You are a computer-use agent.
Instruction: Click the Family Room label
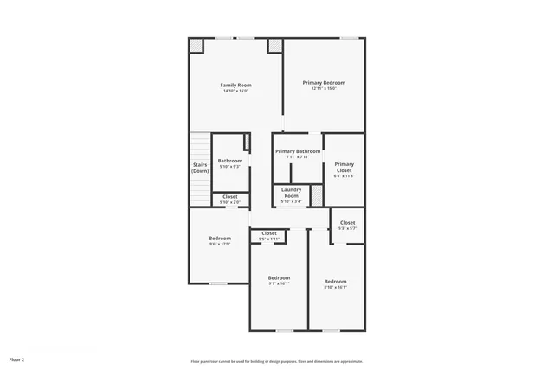[x=235, y=85]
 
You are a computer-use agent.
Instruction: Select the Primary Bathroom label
[x=298, y=151]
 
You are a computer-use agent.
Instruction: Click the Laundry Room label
[x=291, y=192]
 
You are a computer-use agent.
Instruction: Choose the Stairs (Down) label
[x=200, y=167]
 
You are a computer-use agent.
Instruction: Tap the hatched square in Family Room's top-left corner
[x=196, y=45]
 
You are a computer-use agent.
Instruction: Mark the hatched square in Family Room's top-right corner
[x=274, y=45]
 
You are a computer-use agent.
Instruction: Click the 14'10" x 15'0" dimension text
[x=235, y=91]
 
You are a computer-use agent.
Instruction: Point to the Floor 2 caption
[x=16, y=358]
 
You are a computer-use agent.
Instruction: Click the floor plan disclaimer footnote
[x=276, y=361]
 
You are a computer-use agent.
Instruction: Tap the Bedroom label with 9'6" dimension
[x=220, y=238]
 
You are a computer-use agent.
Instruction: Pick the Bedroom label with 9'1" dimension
[x=279, y=277]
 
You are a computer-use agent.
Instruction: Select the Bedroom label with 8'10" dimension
[x=335, y=281]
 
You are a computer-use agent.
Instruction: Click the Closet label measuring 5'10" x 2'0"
[x=230, y=196]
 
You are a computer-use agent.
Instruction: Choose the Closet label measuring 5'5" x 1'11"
[x=269, y=232]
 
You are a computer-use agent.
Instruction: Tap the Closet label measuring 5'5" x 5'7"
[x=347, y=222]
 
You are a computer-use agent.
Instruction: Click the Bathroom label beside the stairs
[x=230, y=161]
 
